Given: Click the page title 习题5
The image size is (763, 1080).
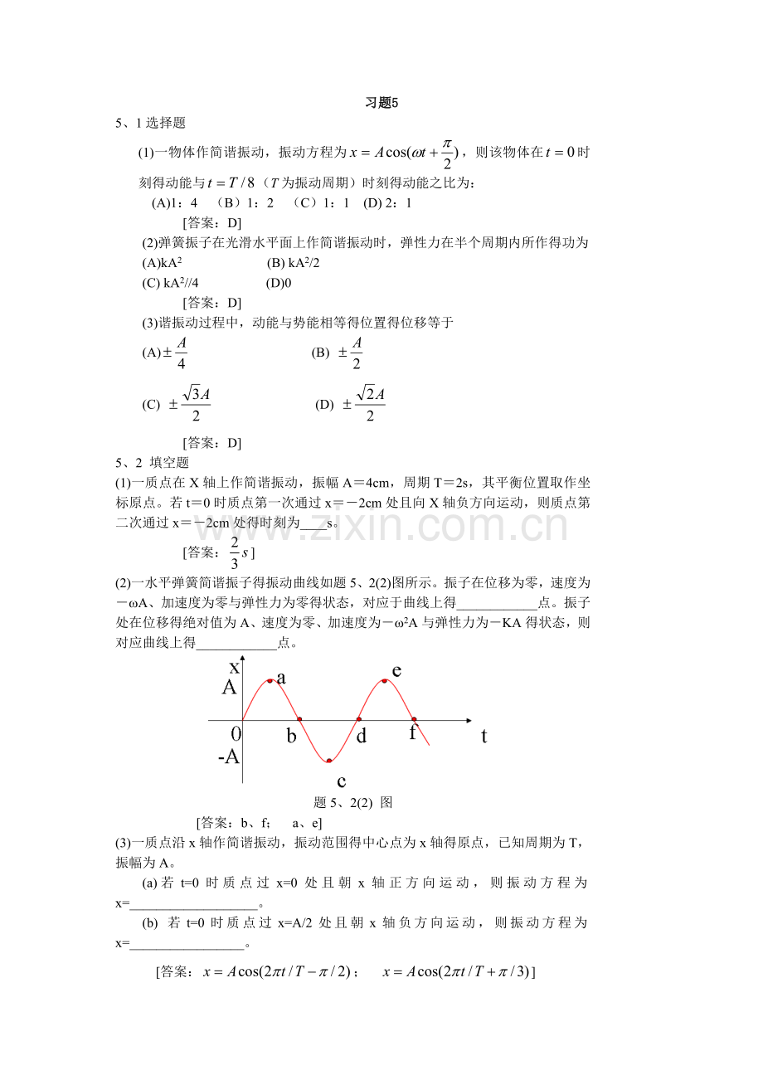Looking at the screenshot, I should (382, 104).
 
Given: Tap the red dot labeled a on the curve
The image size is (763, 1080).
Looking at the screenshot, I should (270, 681).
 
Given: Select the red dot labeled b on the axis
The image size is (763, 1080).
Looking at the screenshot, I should (299, 719).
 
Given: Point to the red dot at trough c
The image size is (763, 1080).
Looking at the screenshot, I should (329, 760).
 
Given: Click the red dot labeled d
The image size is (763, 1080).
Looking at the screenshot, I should (359, 719).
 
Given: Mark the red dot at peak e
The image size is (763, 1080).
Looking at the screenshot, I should (385, 681).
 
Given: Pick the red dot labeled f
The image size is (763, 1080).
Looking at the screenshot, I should (414, 719).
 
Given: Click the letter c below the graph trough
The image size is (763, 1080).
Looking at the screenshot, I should (341, 781).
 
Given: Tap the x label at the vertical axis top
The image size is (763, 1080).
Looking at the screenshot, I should (235, 665).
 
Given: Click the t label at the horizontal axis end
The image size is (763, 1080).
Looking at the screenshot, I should (484, 735).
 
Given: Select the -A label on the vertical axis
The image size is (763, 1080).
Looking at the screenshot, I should (228, 756).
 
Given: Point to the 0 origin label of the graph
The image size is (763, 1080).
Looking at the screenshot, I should (236, 733).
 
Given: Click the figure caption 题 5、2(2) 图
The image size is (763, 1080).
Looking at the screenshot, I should (353, 802).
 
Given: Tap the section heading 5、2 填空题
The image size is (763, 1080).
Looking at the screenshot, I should (153, 463).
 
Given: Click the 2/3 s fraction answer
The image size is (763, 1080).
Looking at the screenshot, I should (235, 552).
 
